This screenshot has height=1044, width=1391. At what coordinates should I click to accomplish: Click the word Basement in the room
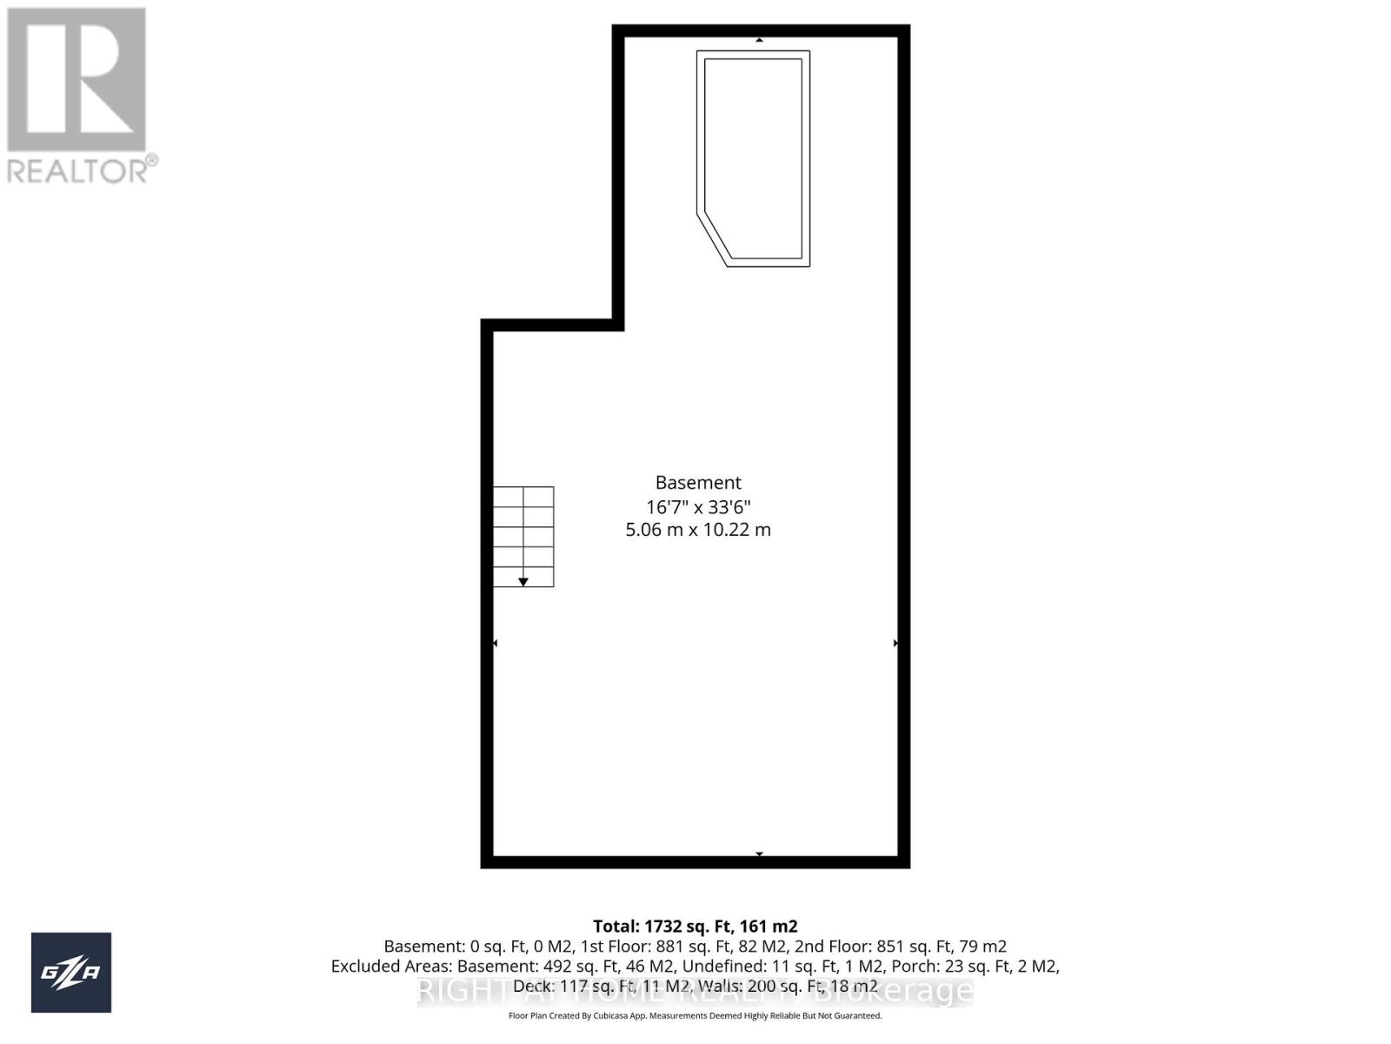[x=698, y=483]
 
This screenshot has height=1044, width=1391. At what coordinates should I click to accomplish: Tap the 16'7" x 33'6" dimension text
[x=698, y=506]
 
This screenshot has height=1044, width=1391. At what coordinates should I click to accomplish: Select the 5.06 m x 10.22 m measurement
[x=698, y=529]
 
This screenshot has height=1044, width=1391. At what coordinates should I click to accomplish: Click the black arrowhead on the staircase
[x=523, y=581]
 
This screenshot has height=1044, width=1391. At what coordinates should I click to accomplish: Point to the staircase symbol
[x=523, y=536]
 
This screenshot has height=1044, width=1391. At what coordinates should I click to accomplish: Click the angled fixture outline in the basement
[x=754, y=158]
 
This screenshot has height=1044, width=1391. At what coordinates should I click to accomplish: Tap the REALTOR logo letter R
[x=77, y=80]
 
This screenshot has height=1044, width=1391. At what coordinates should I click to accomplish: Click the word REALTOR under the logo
[x=77, y=171]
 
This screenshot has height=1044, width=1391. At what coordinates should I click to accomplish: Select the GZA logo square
[x=71, y=972]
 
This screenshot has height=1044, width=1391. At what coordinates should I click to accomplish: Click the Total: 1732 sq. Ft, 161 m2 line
[x=695, y=927]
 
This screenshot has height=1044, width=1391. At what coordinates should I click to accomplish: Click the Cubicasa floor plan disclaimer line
[x=695, y=1016]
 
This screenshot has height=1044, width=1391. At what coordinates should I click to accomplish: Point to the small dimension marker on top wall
[x=759, y=40]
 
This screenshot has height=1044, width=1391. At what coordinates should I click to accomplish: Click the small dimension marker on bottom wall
[x=759, y=854]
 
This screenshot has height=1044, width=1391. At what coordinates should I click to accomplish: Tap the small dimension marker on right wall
[x=895, y=643]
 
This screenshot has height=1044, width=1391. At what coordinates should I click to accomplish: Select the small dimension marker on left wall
[x=496, y=643]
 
